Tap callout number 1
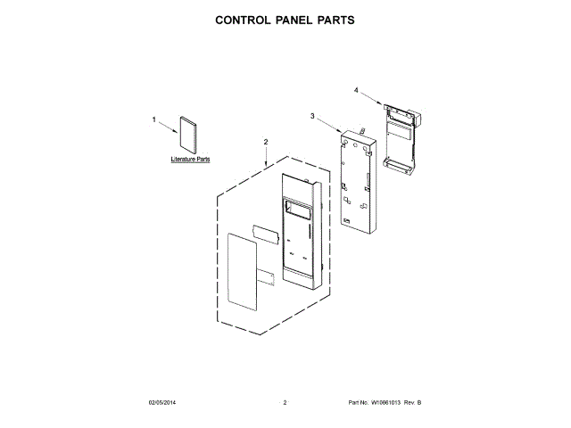153,119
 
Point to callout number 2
265,142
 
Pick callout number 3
312,116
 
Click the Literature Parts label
190,160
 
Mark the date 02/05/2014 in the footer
161,404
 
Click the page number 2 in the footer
285,404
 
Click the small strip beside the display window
264,232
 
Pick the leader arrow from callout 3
327,124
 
